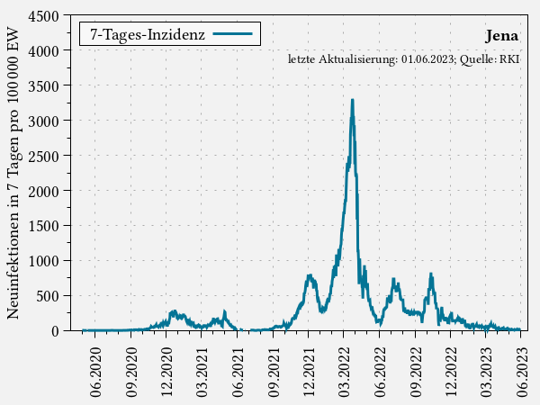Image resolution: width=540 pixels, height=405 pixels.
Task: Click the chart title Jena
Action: [x=500, y=37]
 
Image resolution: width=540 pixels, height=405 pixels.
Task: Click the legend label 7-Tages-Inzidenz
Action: [x=147, y=35]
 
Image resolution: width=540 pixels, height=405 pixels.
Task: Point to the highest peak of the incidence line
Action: [x=352, y=100]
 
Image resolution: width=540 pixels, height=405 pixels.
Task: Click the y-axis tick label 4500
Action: [x=44, y=17]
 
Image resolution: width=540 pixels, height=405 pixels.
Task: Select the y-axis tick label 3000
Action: [x=44, y=121]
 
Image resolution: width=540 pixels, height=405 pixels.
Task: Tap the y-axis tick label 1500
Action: [x=44, y=226]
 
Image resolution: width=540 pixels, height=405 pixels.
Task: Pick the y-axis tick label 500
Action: [x=48, y=296]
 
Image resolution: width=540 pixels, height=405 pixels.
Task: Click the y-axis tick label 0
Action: [x=56, y=330]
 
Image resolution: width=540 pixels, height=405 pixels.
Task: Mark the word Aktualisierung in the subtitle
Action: [x=357, y=59]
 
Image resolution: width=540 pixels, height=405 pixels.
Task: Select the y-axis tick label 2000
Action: [x=44, y=191]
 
